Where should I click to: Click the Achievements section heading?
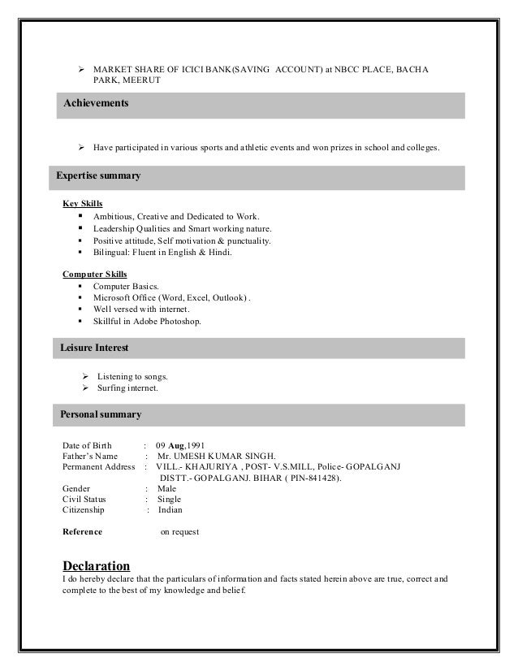point(96,105)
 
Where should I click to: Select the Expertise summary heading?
point(98,175)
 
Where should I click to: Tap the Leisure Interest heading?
point(94,348)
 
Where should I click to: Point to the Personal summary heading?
point(101,414)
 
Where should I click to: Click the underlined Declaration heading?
point(96,565)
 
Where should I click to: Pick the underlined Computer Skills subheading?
point(95,274)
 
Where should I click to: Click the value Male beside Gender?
point(167,489)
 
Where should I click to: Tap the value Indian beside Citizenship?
point(171,510)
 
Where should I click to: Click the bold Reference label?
point(83,532)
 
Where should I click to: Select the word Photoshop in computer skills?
point(178,322)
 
